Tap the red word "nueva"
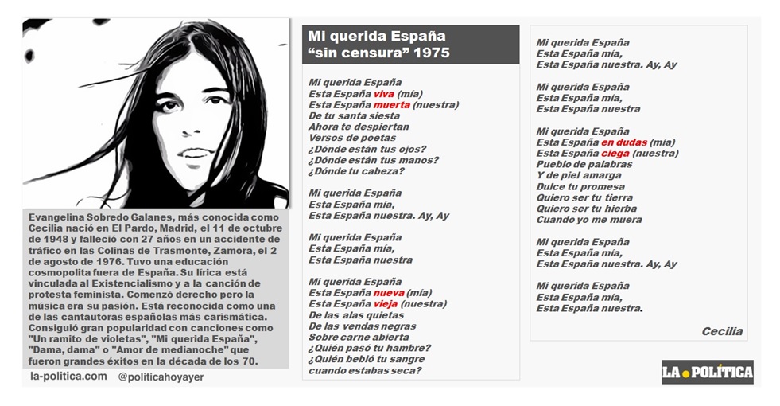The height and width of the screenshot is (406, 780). pos(389,292)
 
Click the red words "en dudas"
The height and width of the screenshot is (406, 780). pos(625,142)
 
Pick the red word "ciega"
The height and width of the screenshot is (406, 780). pos(615,153)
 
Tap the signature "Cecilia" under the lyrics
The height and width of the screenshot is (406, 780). pos(722,331)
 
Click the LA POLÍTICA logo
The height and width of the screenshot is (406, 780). pos(707,371)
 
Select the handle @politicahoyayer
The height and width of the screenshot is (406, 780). pos(161,377)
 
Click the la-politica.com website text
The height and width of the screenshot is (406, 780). pos(68,376)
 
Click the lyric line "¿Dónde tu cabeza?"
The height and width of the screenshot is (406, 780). pos(349,170)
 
